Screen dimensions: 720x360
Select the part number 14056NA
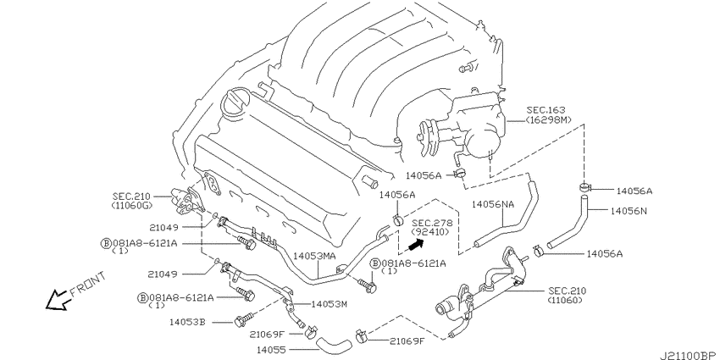493,204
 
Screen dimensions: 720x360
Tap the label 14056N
629,211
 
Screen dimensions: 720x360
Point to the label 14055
270,351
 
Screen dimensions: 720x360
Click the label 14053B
187,322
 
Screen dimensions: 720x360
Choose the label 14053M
330,304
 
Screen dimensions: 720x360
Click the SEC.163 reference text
546,110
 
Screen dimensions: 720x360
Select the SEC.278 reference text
432,223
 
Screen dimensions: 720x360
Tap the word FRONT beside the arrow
88,284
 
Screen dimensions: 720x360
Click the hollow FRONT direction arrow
58,300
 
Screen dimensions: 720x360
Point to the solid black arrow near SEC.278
415,246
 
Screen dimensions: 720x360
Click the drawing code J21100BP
689,356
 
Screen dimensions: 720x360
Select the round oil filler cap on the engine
236,102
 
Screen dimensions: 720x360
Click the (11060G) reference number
132,205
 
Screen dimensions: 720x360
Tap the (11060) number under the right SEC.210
565,301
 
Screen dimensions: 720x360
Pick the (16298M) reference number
549,119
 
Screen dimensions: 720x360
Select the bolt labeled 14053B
243,320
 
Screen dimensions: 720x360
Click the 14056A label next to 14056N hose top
634,191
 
